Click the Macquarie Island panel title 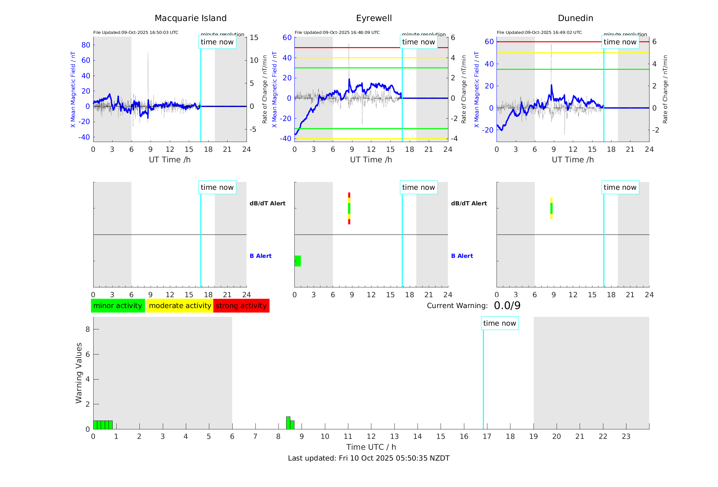(x=190, y=18)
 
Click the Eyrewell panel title (x=374, y=18)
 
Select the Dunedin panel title (x=575, y=18)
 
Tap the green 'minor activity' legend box (x=118, y=306)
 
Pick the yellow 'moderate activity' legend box (x=180, y=306)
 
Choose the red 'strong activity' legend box (x=241, y=306)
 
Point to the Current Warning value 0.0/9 (x=507, y=306)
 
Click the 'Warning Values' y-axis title (x=79, y=373)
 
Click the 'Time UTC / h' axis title (x=371, y=447)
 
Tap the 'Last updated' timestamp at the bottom (x=369, y=458)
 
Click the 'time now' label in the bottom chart (x=500, y=323)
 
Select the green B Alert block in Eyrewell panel (x=298, y=261)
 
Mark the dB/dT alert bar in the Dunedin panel (x=551, y=208)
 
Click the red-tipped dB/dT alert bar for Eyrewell (x=349, y=208)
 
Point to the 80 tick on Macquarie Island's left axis (x=86, y=45)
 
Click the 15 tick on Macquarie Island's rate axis (x=254, y=38)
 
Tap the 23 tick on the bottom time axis (x=626, y=437)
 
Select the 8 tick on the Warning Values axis (x=88, y=329)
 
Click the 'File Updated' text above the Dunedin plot (x=539, y=33)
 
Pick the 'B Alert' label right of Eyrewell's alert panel (x=462, y=256)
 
